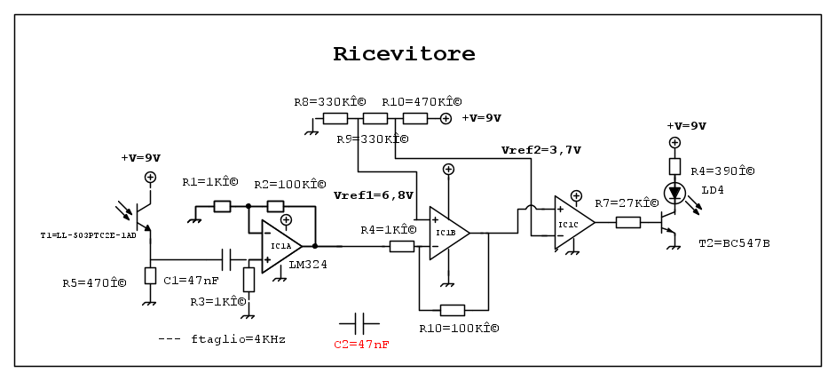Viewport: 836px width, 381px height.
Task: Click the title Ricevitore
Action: (404, 54)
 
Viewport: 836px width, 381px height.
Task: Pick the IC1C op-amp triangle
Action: (573, 224)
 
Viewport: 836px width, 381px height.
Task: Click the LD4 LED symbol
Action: (674, 192)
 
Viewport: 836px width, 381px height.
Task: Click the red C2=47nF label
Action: (361, 344)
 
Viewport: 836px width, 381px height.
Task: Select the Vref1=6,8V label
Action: (373, 194)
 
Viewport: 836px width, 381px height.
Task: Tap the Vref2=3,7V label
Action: (540, 150)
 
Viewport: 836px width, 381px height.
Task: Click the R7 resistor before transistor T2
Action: (628, 222)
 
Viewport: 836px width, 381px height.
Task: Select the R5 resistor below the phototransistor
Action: (150, 275)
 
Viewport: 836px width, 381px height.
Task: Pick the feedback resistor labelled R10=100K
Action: (452, 310)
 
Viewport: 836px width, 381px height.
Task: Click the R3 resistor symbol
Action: (249, 280)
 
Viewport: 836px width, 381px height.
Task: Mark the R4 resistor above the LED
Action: (674, 166)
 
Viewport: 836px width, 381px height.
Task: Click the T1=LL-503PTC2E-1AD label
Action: (88, 235)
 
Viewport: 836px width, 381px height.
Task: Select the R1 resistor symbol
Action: (222, 207)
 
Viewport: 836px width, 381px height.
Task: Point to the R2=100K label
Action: (289, 184)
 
